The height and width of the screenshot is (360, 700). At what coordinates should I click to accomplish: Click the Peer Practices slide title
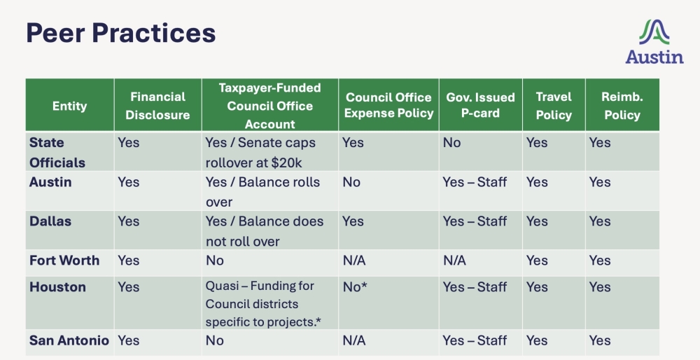[120, 33]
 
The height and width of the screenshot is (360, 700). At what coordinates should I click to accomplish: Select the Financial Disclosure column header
[157, 106]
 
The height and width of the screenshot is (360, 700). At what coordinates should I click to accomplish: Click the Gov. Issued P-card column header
[480, 106]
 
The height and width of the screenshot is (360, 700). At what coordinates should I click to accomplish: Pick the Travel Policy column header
[554, 106]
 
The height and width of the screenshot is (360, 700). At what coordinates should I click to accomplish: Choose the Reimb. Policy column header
[622, 106]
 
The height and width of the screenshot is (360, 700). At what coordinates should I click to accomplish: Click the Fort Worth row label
[64, 261]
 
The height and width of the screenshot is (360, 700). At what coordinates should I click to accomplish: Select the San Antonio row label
[69, 340]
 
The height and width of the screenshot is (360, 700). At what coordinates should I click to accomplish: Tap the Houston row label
[57, 287]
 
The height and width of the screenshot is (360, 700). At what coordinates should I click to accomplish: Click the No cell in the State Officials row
[451, 143]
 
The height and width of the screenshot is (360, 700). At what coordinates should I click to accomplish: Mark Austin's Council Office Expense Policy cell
[351, 182]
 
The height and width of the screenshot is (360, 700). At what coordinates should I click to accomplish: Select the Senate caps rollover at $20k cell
[260, 153]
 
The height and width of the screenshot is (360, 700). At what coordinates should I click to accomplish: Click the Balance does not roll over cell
[264, 231]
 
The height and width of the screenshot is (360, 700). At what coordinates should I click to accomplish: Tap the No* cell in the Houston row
[355, 287]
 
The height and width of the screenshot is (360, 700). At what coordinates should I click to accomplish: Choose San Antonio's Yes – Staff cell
[474, 340]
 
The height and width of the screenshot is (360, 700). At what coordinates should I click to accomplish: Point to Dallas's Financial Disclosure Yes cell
[129, 221]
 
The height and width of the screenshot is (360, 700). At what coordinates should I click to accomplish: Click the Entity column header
[70, 106]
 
